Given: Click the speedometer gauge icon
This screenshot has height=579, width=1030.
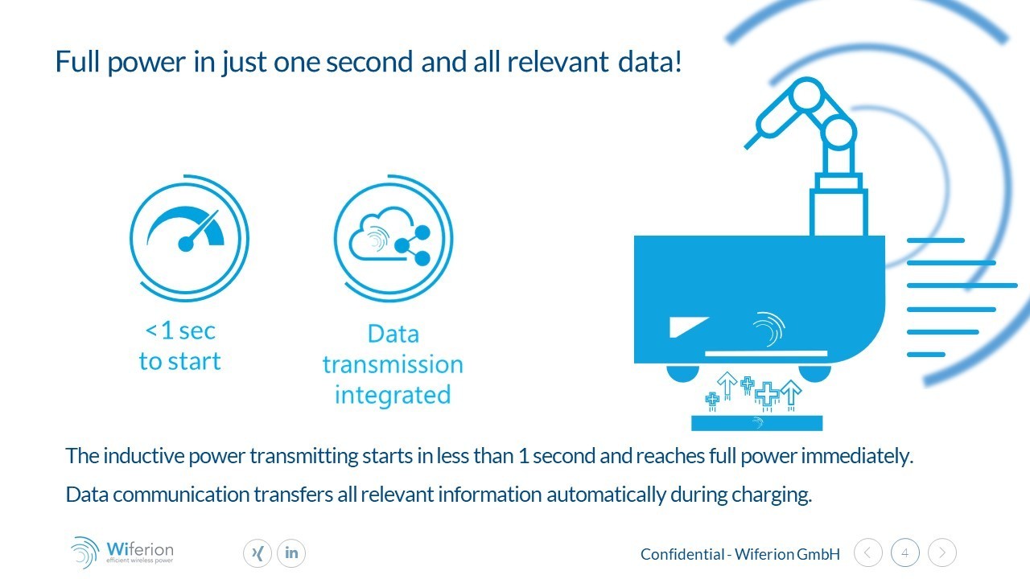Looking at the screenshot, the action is point(186,229).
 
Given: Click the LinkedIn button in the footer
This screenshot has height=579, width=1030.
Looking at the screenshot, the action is point(291,552).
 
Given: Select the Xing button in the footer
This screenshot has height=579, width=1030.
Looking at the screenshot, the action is point(257,552).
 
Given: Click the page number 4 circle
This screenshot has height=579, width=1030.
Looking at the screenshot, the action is point(905,552).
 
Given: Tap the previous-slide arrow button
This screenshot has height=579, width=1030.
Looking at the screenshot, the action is point(868,552).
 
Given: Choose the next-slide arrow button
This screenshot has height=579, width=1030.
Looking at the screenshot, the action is point(942,552).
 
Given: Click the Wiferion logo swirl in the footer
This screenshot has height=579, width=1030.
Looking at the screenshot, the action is point(84,552).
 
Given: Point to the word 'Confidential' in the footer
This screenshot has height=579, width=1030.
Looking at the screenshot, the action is point(682,554).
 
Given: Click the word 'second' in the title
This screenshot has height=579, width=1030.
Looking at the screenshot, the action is point(369,62).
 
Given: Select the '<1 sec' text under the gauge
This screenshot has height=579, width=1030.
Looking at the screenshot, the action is point(180,331).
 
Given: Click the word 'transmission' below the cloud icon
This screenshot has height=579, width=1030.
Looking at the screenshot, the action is point(393,364).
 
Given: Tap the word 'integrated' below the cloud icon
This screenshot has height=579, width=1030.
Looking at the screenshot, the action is point(393,395).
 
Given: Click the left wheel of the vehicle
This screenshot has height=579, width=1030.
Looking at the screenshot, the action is point(683,373).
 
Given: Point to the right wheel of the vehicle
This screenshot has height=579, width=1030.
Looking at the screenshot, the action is point(815,373).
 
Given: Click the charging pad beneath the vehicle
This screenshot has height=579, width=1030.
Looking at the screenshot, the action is point(757,423).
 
